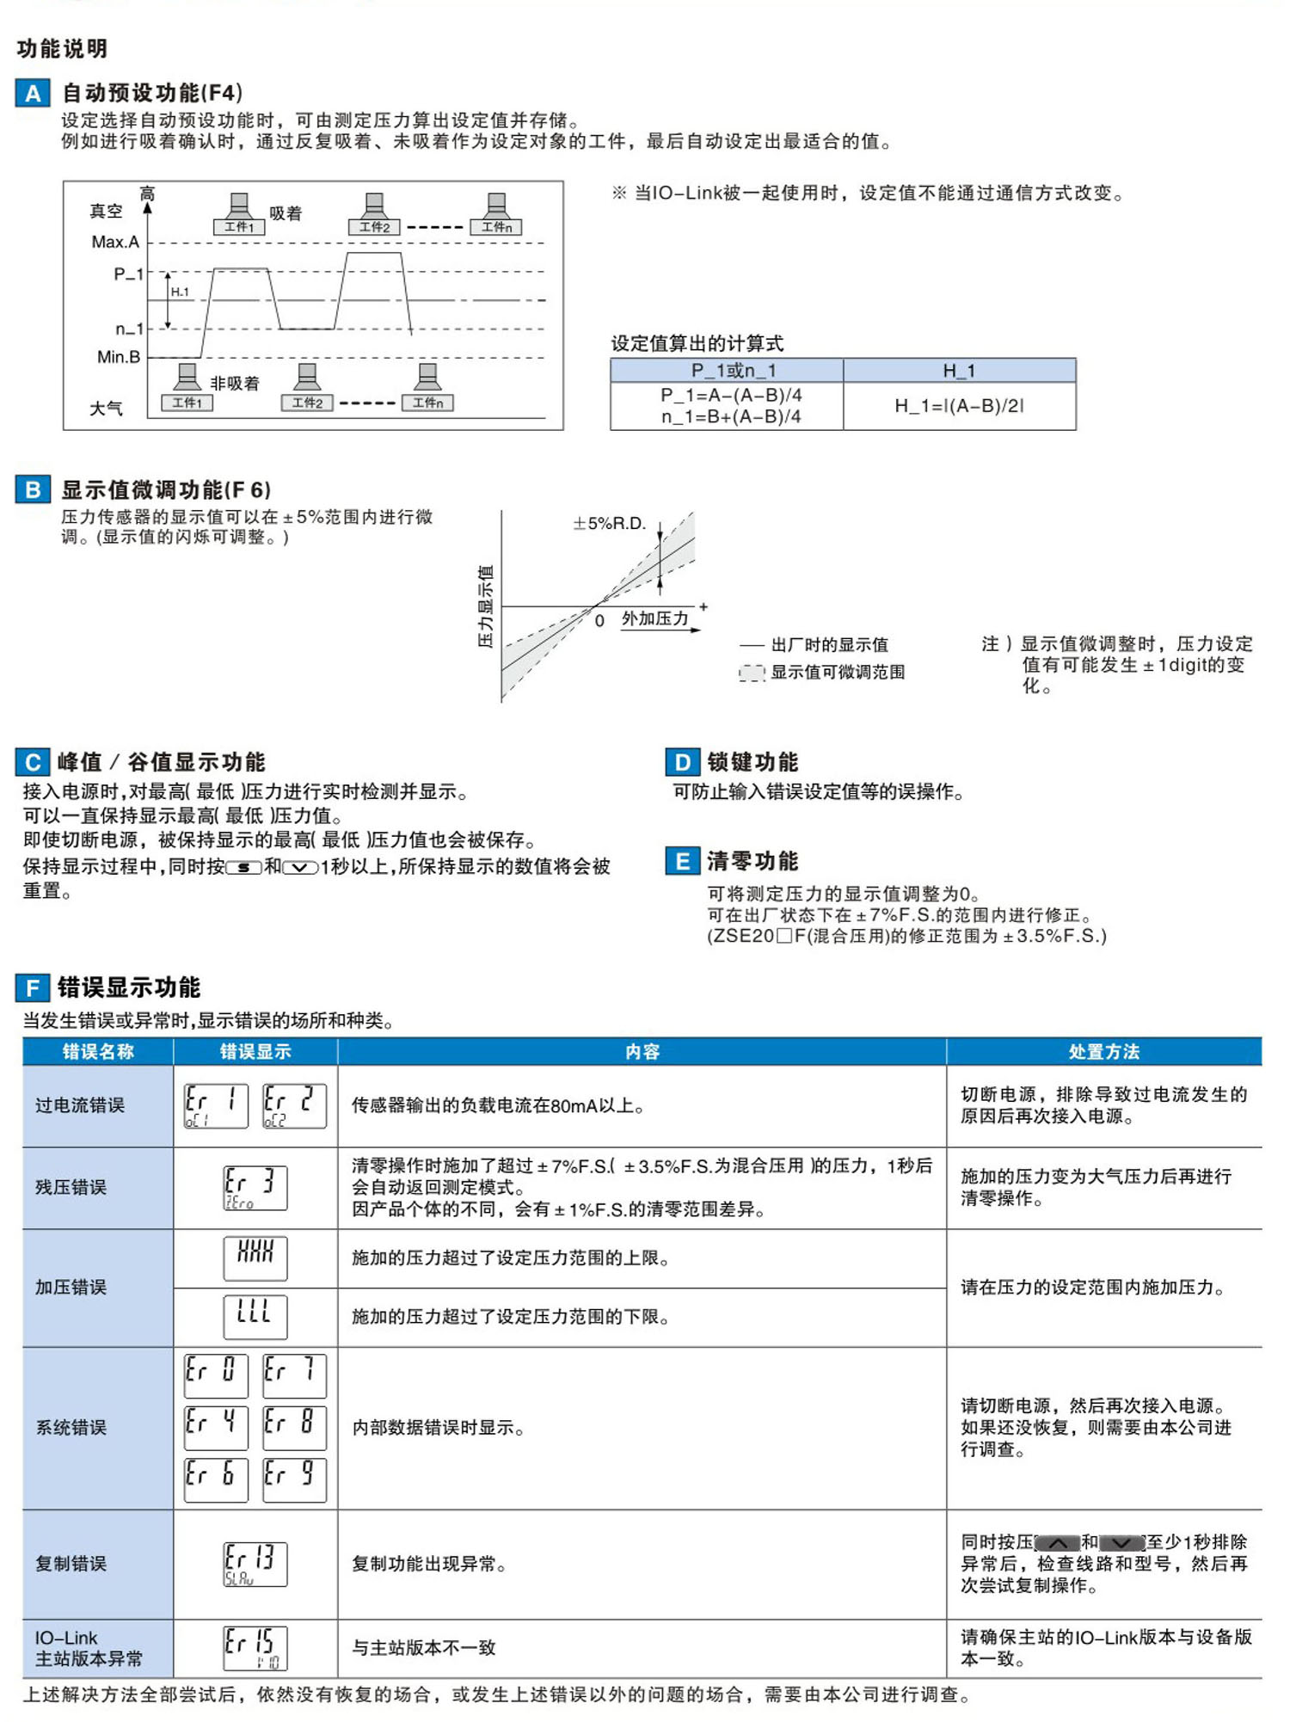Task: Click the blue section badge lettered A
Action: [x=33, y=93]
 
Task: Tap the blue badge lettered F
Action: [x=33, y=988]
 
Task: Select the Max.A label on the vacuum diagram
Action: [x=115, y=243]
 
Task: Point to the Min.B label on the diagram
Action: [x=118, y=357]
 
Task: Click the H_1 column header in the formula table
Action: [x=959, y=371]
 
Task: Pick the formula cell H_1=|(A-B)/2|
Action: [x=959, y=406]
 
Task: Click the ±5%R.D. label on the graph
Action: [x=609, y=523]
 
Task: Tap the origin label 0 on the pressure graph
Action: [x=599, y=621]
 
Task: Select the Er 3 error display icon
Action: [x=255, y=1188]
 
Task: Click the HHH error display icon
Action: [x=255, y=1258]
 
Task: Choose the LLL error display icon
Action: [x=255, y=1317]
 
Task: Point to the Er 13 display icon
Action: [x=255, y=1564]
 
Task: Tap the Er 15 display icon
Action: [x=255, y=1648]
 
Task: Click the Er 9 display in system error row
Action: [x=294, y=1479]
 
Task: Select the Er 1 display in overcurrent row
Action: [x=216, y=1105]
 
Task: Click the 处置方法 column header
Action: [x=1103, y=1051]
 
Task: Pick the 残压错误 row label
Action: [x=71, y=1188]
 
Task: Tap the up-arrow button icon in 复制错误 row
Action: [x=1058, y=1543]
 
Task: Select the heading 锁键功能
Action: [x=752, y=762]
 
